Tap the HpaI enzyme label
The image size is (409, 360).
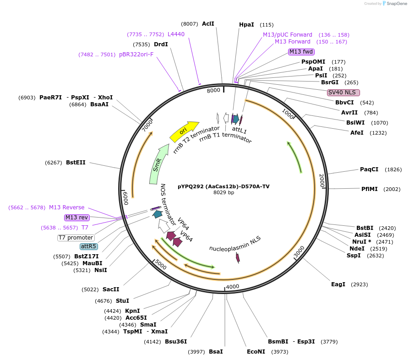(x=246, y=25)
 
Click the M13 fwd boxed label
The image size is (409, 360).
(x=301, y=52)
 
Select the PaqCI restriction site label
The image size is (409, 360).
(x=369, y=169)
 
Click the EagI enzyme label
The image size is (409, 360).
(x=338, y=284)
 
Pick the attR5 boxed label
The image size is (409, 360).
(x=89, y=246)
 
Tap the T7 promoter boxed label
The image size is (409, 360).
(x=76, y=238)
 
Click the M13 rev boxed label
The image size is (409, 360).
(x=77, y=218)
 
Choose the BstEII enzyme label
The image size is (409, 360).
(x=76, y=163)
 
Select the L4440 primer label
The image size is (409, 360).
(x=176, y=34)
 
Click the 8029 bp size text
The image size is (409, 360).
(x=224, y=193)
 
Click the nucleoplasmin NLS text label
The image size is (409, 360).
(x=235, y=244)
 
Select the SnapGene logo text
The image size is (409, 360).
(x=397, y=4)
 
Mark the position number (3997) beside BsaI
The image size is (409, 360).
(x=196, y=351)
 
